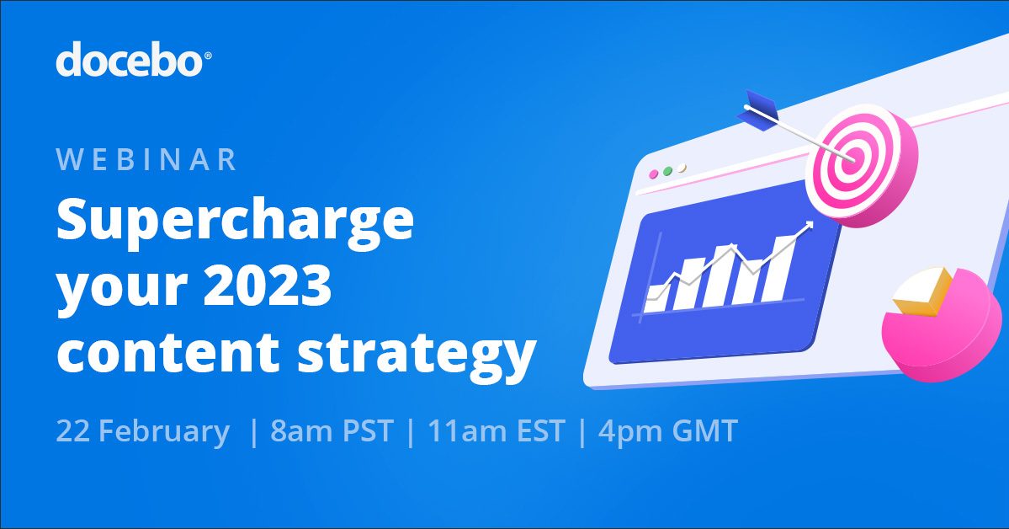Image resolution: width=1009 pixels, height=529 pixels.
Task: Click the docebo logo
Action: [129, 61]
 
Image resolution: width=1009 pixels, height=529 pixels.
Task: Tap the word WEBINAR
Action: [147, 160]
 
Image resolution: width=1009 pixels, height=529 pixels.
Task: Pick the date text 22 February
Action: [142, 431]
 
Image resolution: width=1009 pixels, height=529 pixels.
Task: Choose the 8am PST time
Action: [332, 431]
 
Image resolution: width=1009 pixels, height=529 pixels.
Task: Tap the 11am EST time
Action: [496, 431]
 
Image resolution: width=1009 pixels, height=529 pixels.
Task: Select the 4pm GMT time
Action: [667, 431]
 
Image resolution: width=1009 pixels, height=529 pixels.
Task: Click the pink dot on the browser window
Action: [654, 174]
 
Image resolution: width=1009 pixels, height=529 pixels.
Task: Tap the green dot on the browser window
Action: [668, 171]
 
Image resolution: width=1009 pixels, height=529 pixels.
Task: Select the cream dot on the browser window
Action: [682, 168]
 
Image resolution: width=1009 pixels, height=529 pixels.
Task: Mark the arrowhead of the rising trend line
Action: [809, 225]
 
